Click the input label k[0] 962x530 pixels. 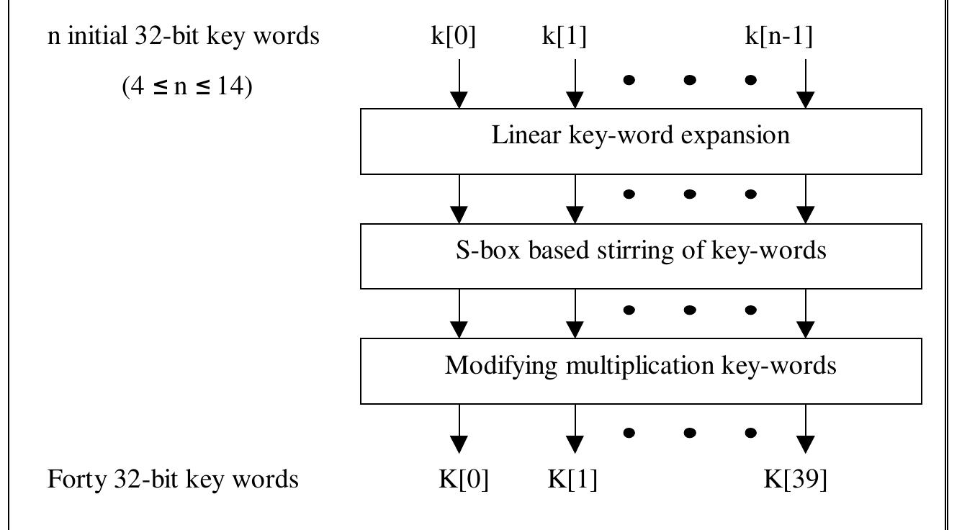pos(454,37)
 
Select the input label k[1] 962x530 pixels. pos(564,37)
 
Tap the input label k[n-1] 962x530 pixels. pos(778,37)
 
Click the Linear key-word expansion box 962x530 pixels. pos(641,142)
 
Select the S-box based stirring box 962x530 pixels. pos(641,256)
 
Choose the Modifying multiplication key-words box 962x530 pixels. pos(641,372)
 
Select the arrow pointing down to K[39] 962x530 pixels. pos(806,429)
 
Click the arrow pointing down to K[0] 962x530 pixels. pos(459,429)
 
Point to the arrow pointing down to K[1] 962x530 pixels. pos(575,429)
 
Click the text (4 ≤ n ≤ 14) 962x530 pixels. pos(186,89)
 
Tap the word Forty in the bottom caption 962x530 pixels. pos(73,479)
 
